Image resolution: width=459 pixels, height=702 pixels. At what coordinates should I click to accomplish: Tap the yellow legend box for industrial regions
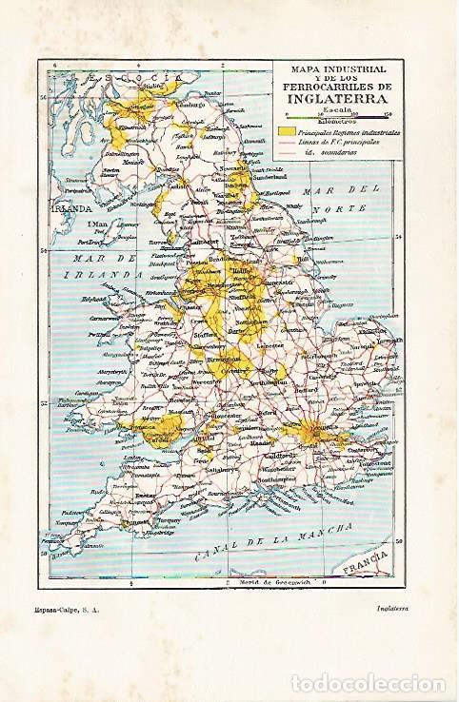[287, 131]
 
